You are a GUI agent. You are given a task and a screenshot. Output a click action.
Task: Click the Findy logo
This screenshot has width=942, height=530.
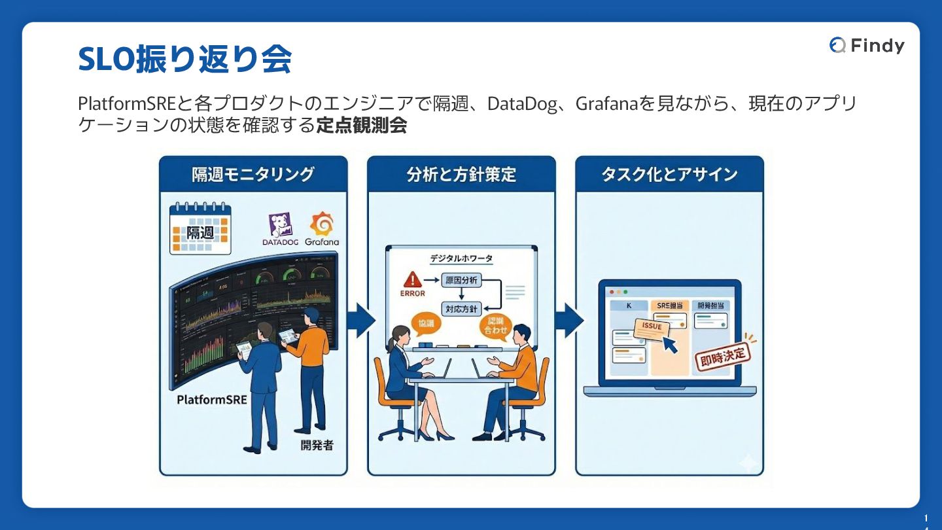click(867, 45)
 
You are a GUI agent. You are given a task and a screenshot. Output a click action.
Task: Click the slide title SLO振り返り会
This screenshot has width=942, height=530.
click(184, 60)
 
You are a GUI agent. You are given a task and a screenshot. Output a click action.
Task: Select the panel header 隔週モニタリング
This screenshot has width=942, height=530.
click(253, 174)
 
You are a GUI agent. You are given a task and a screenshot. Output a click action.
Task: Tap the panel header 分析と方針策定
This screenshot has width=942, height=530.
click(461, 174)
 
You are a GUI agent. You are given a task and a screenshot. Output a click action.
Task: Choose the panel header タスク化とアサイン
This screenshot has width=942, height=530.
click(669, 174)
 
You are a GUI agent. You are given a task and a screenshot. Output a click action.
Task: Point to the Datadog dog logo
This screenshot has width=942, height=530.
click(280, 225)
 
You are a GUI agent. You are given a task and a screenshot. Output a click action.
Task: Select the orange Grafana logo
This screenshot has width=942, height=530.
click(322, 224)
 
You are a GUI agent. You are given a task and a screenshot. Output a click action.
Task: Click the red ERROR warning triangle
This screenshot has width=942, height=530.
click(412, 281)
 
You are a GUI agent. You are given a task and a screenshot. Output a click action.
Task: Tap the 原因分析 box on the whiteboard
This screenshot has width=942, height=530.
click(461, 281)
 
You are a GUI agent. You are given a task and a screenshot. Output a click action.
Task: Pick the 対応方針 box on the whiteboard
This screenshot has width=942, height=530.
click(461, 308)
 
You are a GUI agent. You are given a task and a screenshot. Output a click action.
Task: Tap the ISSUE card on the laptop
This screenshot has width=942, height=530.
click(652, 327)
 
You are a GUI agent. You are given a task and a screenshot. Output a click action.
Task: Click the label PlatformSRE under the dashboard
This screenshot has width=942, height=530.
click(212, 399)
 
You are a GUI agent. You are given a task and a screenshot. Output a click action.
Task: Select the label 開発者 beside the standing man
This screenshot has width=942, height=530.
click(317, 445)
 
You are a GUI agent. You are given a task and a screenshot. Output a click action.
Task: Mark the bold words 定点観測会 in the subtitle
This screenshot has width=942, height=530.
click(362, 126)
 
